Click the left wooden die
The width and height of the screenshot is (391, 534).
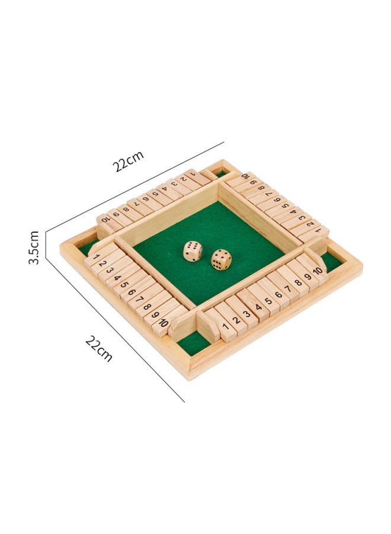(x=193, y=252)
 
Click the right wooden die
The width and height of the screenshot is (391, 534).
(x=221, y=260)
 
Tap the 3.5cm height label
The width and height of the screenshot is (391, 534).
(x=34, y=247)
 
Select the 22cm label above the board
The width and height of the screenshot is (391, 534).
(x=129, y=161)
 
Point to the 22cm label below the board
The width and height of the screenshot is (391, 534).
(x=99, y=348)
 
